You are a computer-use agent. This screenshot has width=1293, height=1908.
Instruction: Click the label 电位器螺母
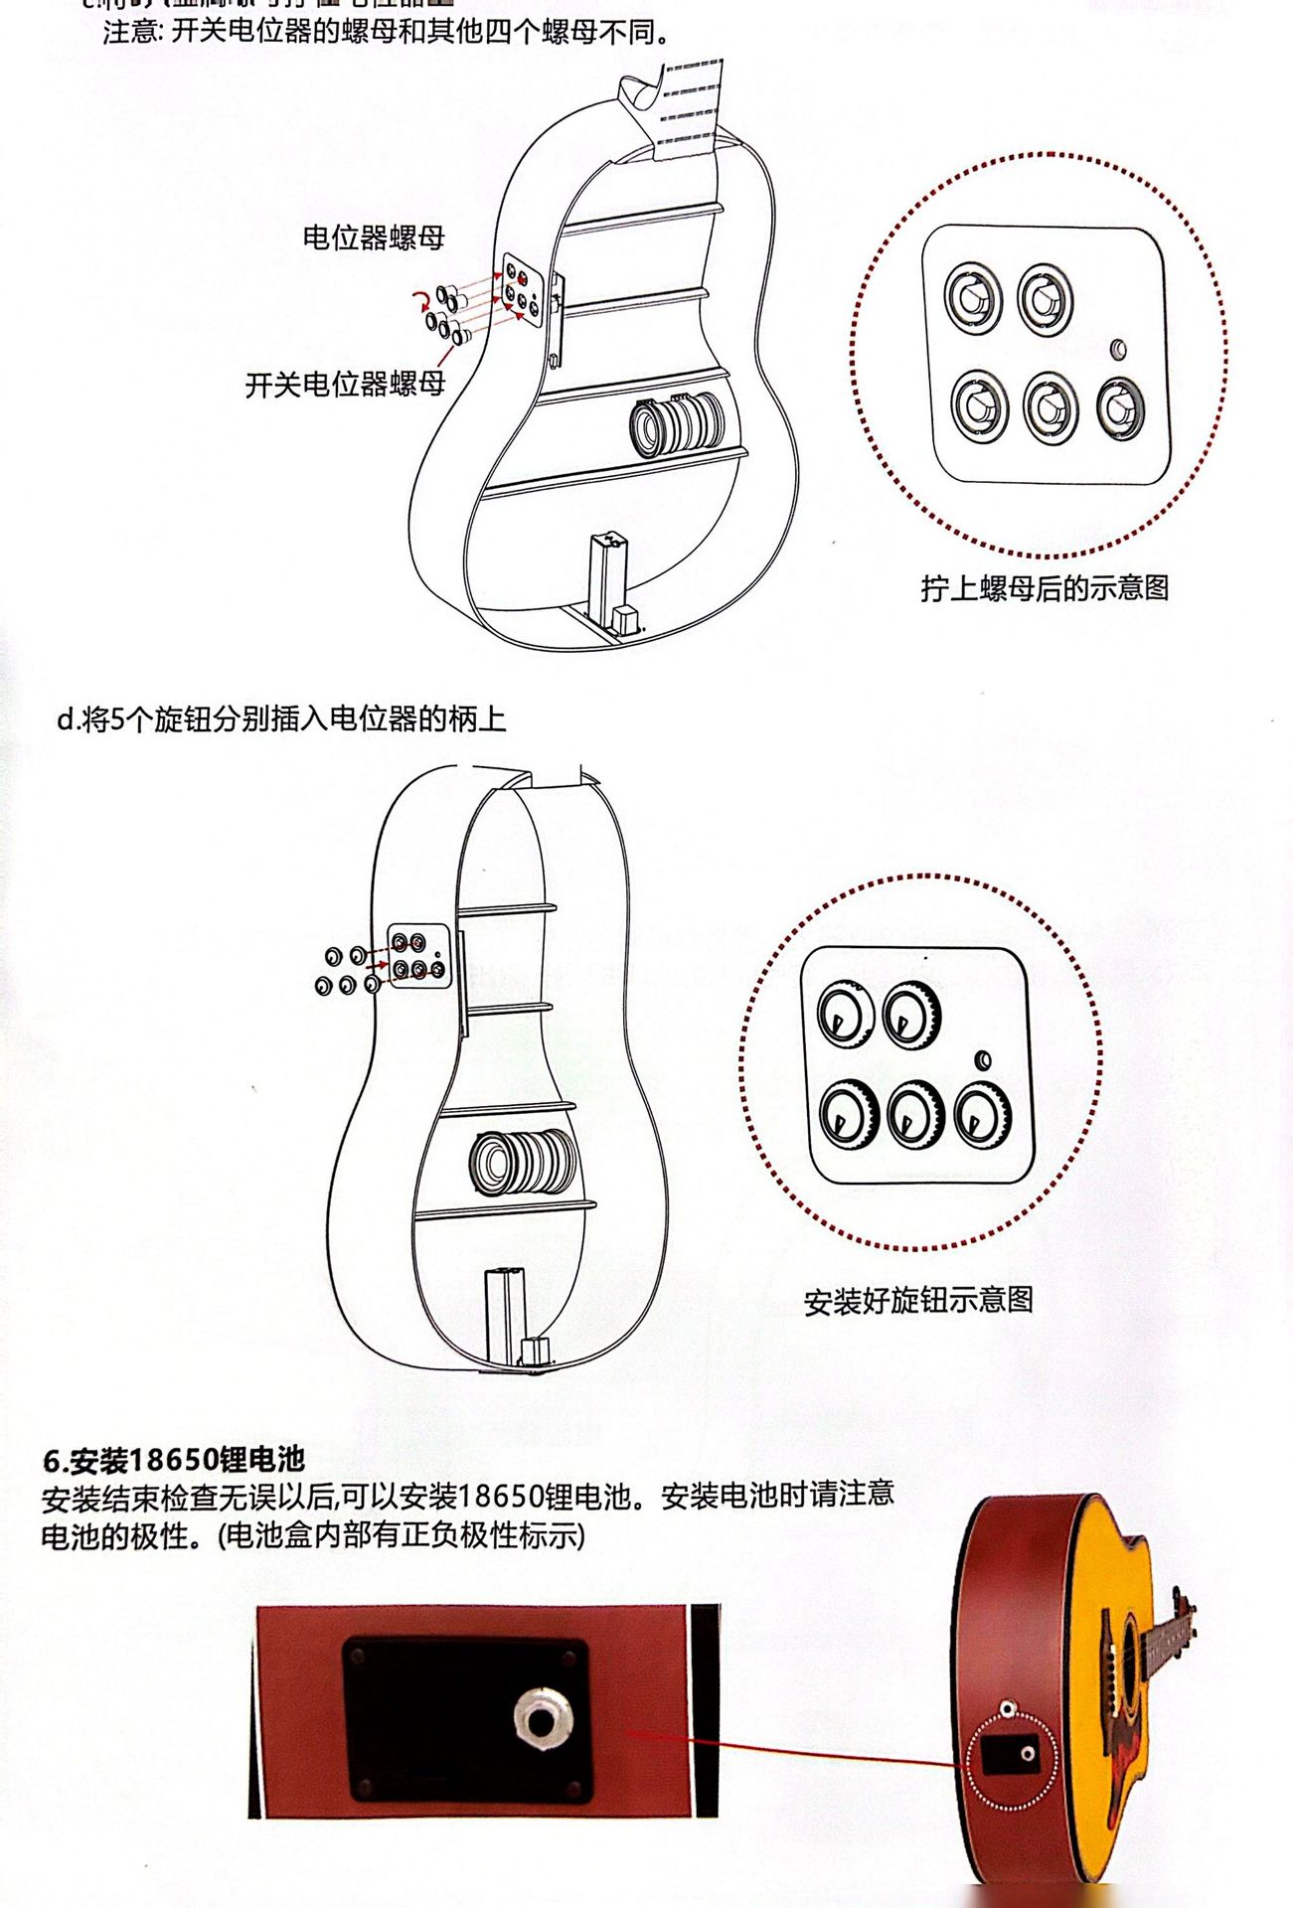click(373, 238)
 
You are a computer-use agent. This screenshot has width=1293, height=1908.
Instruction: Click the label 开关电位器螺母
click(345, 384)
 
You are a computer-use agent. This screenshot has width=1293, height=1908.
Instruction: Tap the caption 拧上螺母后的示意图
click(1044, 588)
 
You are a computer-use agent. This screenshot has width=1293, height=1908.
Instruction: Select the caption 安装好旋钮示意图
click(918, 1300)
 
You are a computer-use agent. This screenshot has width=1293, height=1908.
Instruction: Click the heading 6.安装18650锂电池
click(174, 1459)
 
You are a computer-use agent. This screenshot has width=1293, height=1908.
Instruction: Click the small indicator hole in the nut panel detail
click(1118, 349)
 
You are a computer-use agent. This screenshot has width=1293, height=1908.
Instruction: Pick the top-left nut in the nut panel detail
click(973, 298)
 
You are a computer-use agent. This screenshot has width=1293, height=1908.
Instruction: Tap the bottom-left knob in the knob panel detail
click(848, 1113)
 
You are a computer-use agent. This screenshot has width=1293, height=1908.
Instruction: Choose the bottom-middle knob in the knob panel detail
click(914, 1113)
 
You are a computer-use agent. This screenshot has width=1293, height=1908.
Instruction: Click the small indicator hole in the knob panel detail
click(984, 1059)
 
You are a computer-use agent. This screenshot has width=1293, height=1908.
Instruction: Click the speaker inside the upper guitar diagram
click(678, 424)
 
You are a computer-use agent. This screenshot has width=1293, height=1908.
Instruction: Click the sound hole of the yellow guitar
click(1130, 1645)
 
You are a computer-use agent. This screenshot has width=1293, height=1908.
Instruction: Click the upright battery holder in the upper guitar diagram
click(605, 579)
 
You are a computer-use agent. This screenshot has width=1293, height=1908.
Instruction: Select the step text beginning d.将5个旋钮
click(282, 718)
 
